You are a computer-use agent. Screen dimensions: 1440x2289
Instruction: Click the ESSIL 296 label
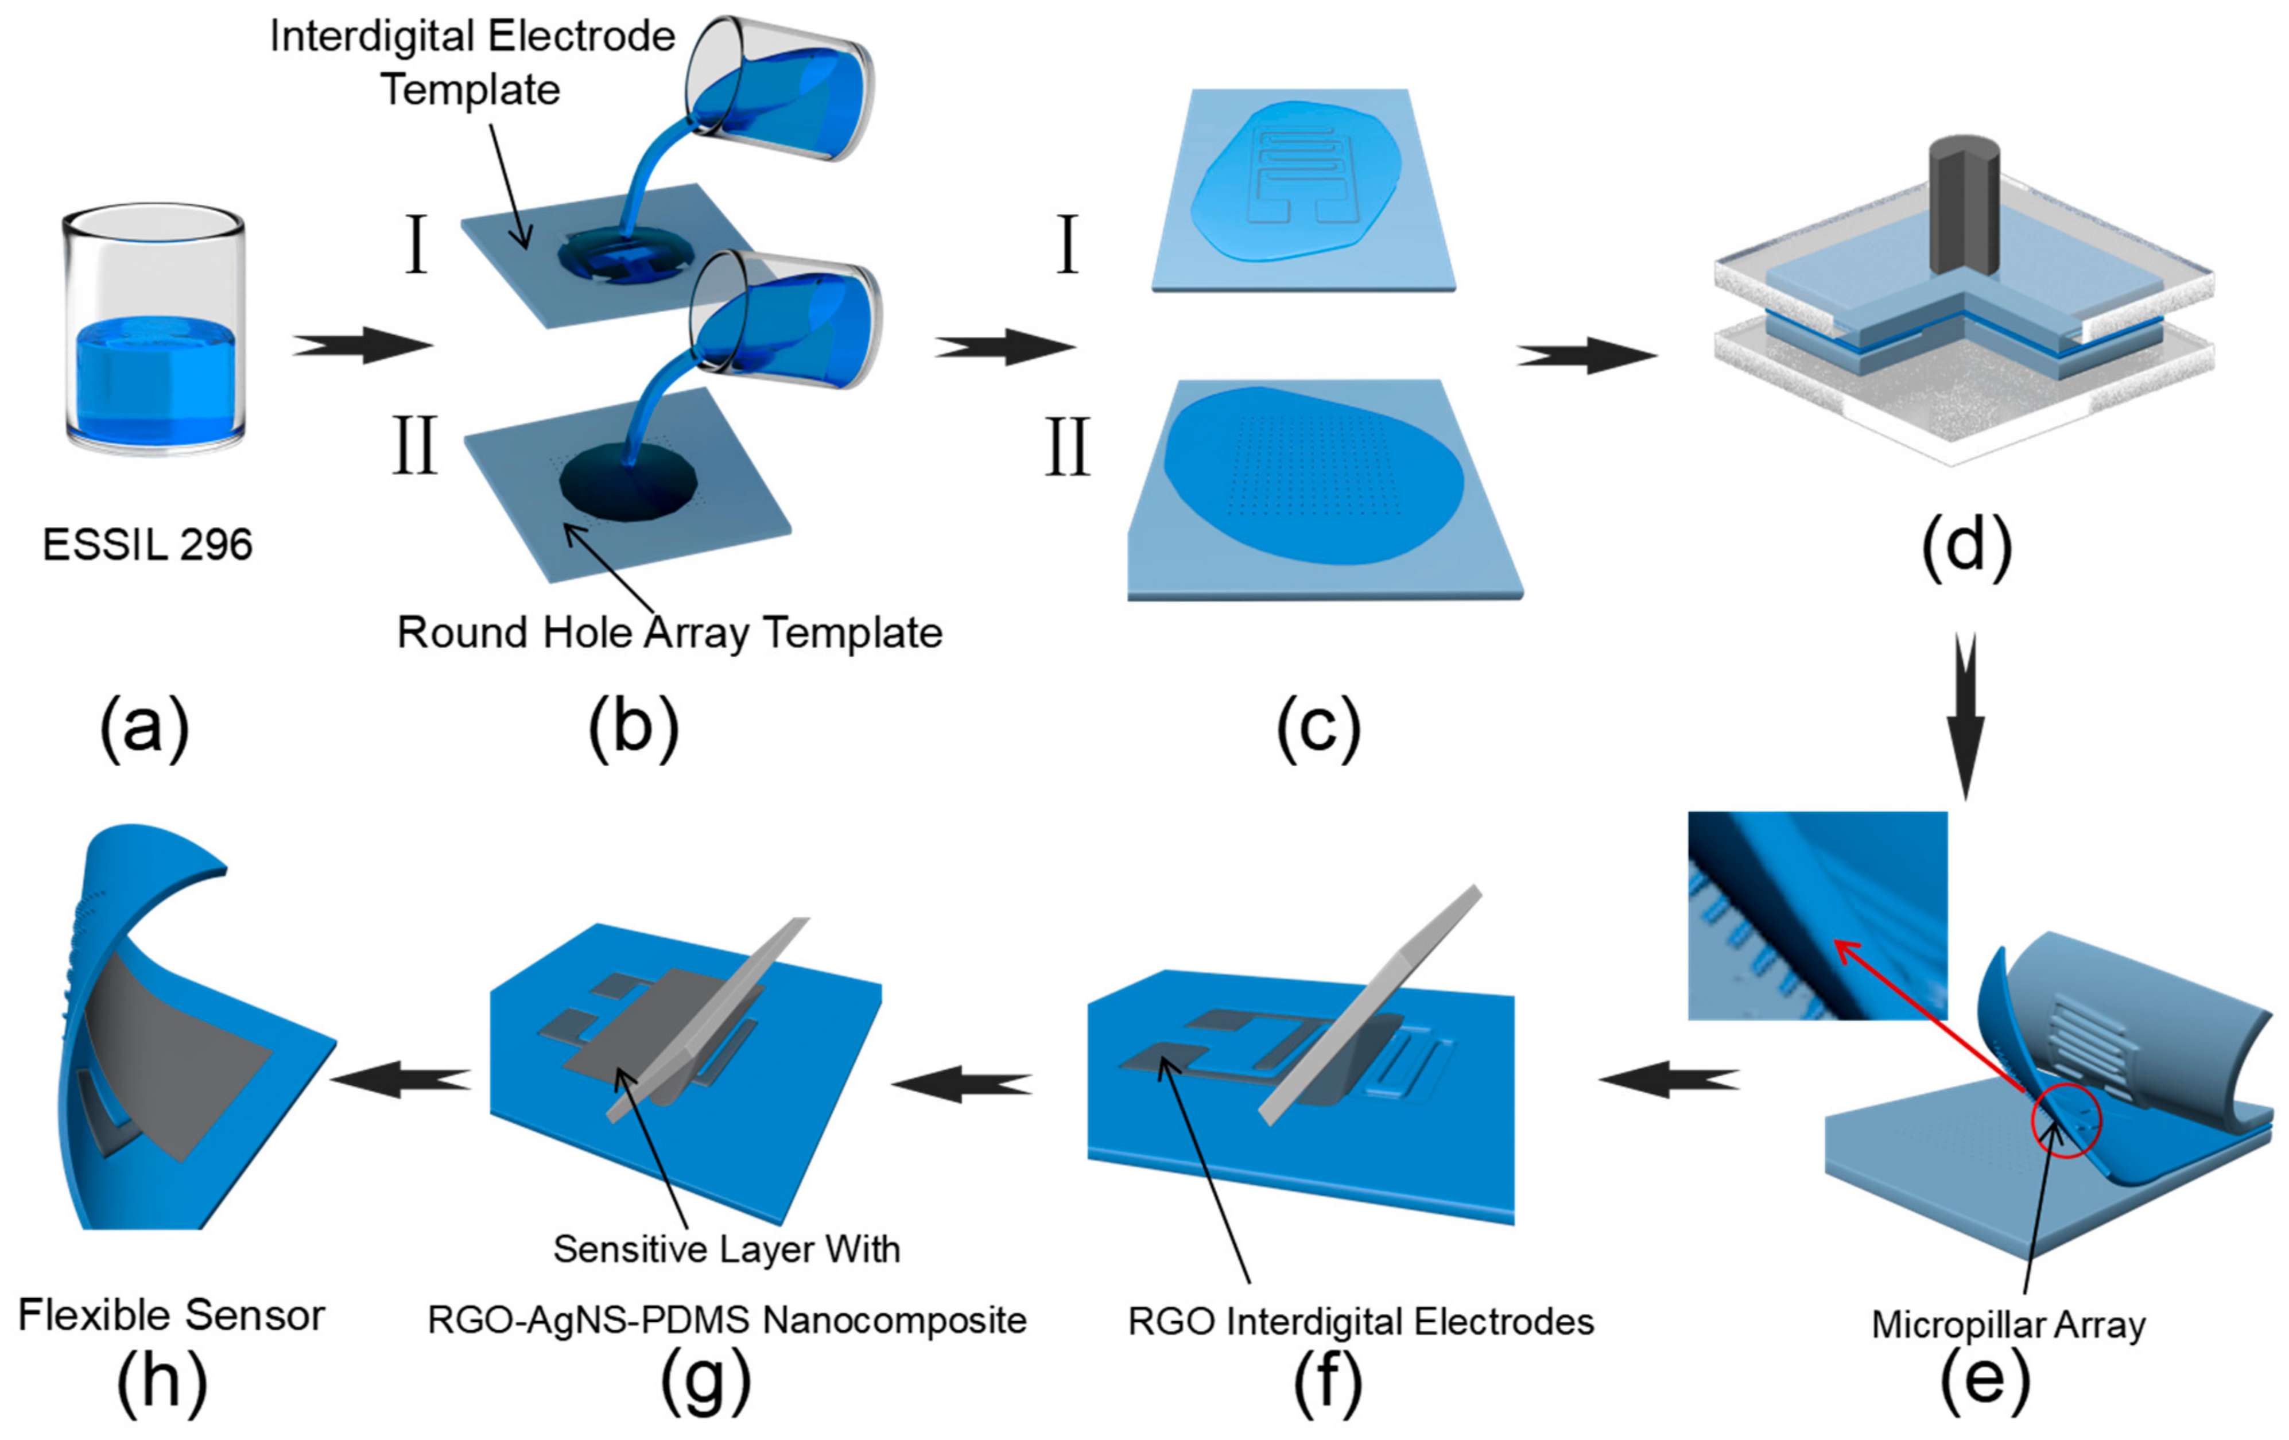pyautogui.click(x=148, y=545)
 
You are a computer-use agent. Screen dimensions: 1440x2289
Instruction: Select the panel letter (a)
pyautogui.click(x=145, y=727)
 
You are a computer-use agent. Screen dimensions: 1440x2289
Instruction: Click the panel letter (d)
pyautogui.click(x=1966, y=546)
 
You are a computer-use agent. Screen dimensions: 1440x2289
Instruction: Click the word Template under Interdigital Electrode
pyautogui.click(x=471, y=90)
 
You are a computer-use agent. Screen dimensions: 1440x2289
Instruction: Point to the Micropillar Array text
pyautogui.click(x=2008, y=1324)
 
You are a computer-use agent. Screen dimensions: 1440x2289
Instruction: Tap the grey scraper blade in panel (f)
pyautogui.click(x=1369, y=1007)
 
